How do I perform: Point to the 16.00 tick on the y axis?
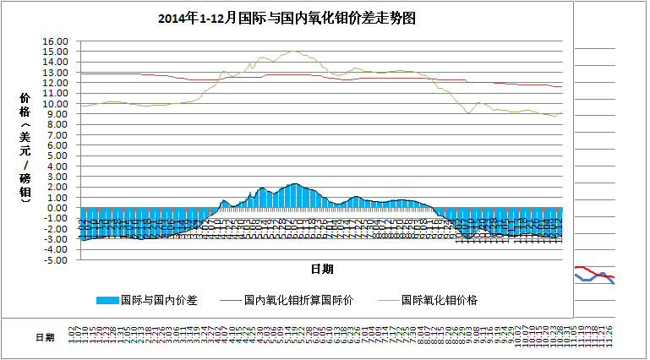(x=55, y=41)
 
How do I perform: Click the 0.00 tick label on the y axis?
(x=57, y=208)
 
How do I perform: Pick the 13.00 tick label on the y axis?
(x=55, y=72)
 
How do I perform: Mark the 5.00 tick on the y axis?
(x=57, y=155)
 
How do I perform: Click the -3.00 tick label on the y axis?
(x=55, y=239)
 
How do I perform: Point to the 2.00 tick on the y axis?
(x=57, y=187)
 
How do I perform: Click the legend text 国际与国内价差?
(x=159, y=299)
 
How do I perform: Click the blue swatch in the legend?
(x=107, y=299)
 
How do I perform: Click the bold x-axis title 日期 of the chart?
(x=321, y=269)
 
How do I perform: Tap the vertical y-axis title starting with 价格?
(x=25, y=148)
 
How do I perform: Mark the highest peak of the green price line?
(x=292, y=51)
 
